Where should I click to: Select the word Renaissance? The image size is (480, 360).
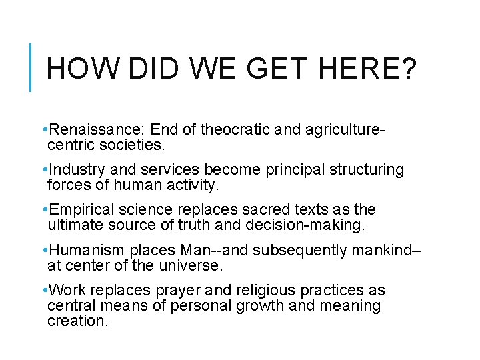click(x=87, y=128)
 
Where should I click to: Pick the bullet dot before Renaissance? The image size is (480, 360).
click(x=43, y=129)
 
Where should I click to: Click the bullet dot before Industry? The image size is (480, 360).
click(x=43, y=170)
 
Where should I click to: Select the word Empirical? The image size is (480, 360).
click(x=79, y=211)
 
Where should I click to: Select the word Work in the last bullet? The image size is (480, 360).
click(x=64, y=291)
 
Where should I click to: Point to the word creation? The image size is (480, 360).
click(x=77, y=321)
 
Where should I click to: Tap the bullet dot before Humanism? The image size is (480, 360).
click(x=43, y=251)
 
